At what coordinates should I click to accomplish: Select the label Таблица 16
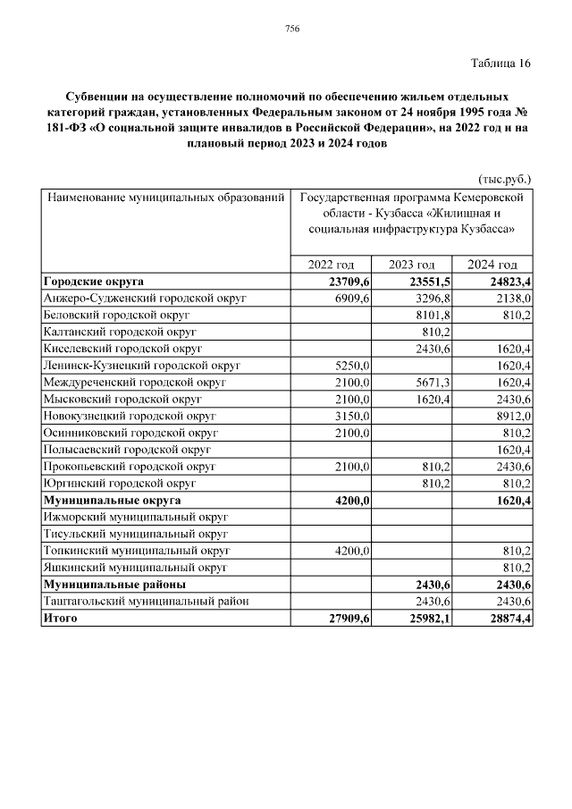click(x=500, y=63)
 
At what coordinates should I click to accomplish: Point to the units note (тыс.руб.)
click(x=505, y=178)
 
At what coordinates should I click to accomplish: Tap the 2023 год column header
click(x=412, y=265)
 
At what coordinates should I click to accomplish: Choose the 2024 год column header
click(x=493, y=265)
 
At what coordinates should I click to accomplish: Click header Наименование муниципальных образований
click(x=166, y=197)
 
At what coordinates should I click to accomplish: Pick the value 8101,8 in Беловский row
click(x=433, y=315)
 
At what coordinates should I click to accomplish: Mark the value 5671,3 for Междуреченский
click(x=433, y=382)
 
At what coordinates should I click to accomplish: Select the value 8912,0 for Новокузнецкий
click(x=513, y=416)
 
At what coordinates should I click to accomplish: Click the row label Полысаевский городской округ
click(x=126, y=449)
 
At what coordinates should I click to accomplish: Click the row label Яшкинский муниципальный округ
click(x=135, y=567)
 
